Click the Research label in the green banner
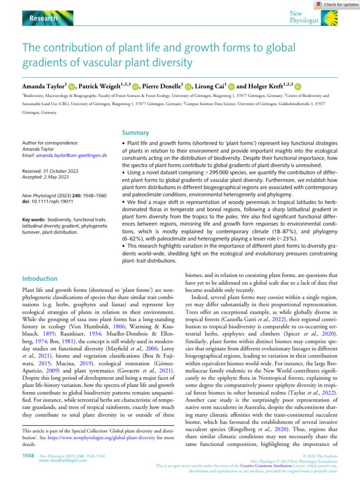click(44, 18)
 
